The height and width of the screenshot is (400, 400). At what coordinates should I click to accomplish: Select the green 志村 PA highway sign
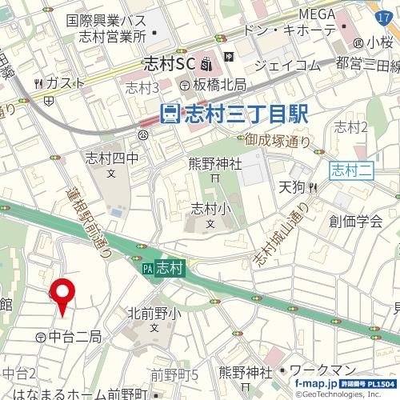click(x=164, y=270)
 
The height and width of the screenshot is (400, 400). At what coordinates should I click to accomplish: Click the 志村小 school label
click(x=210, y=209)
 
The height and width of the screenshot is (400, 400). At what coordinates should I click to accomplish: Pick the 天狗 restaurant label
click(x=291, y=187)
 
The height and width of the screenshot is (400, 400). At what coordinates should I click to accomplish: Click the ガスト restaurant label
click(x=60, y=83)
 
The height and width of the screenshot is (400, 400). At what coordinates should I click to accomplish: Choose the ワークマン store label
click(x=320, y=371)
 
